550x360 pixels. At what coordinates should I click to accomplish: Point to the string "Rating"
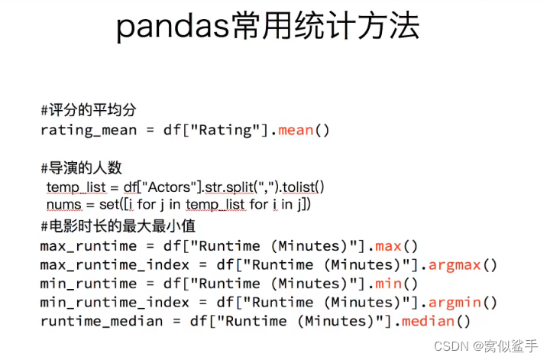(x=225, y=130)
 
